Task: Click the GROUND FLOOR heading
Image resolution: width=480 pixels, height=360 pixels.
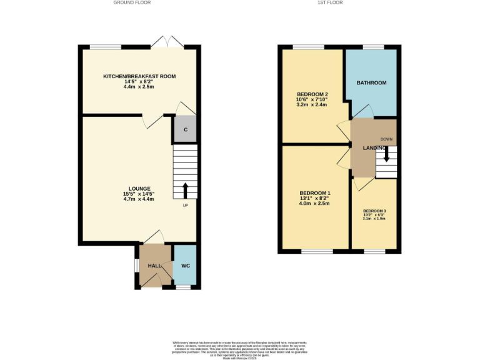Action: (132, 2)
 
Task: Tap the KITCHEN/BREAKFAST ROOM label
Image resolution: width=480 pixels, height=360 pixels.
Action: (139, 76)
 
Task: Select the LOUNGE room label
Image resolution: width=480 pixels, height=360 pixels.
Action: (139, 188)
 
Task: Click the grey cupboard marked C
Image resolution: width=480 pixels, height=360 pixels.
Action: (185, 130)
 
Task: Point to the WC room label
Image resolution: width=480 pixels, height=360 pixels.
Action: (185, 266)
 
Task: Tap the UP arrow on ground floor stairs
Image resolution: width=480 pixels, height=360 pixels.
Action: (185, 189)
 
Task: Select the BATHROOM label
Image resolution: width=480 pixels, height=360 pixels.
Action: (371, 83)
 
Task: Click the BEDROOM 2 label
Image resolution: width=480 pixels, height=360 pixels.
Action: (312, 94)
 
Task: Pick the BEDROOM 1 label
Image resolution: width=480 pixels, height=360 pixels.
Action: (314, 192)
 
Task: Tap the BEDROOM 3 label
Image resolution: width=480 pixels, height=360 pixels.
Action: (374, 211)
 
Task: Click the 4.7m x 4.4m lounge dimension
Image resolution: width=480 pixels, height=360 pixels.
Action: (139, 199)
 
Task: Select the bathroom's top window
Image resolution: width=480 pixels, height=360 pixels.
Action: (373, 47)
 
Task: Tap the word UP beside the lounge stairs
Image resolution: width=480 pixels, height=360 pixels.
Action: (186, 206)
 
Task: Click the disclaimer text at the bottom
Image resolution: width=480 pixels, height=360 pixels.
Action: (240, 347)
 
